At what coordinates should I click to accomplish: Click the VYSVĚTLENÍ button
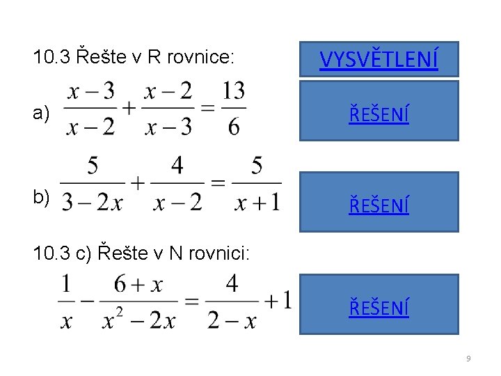pos(379,59)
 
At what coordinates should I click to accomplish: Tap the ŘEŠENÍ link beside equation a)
pos(379,112)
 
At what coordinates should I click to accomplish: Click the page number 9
pos(468,359)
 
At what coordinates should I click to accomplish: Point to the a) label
pos(41,114)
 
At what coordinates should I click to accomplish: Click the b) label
pos(41,198)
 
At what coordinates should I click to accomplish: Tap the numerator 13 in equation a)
pos(233,91)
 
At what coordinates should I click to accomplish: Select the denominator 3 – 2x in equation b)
pos(93,203)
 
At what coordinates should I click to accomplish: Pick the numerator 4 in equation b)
pos(177,166)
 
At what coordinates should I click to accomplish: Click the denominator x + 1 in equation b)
pos(257,203)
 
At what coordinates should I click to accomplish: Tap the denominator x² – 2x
pos(138,320)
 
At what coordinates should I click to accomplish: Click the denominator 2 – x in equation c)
pos(232,320)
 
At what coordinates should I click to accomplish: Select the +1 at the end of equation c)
pos(278,301)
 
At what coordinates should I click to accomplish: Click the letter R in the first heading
pos(155,56)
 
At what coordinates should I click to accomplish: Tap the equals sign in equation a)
pos(206,109)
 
